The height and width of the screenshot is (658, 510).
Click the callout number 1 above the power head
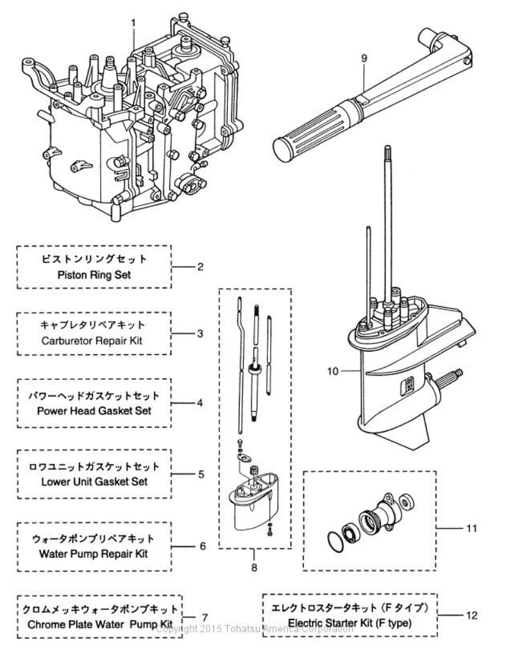point(133,23)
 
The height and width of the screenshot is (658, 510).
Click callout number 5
point(201,475)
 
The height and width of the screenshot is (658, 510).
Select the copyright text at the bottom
point(254,629)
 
